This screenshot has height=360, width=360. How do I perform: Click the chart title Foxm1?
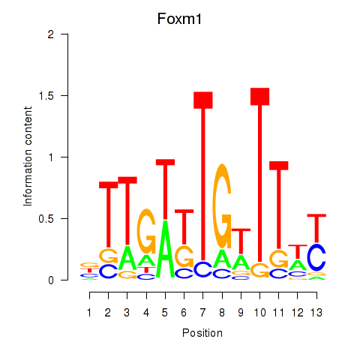pos(179,19)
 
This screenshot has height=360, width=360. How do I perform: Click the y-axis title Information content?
pos(28,157)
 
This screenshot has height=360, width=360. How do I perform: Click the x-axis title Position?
pos(202,333)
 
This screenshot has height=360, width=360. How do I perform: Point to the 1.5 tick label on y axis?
pos(46,96)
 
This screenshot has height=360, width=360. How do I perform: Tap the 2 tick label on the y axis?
pos(51,34)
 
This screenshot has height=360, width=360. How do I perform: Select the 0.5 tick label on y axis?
pos(46,219)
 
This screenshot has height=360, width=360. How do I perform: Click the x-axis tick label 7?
pos(202,313)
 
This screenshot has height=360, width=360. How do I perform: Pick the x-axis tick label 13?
pos(316,313)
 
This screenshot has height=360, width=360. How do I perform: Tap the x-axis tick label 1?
pos(89,313)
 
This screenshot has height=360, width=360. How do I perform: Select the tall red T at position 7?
pos(203,176)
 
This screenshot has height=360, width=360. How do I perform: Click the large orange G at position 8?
pos(222,206)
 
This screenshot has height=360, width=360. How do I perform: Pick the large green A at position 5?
pos(165,250)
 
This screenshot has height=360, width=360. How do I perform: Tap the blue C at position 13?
pos(316,257)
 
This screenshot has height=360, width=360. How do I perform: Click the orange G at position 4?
pos(146,231)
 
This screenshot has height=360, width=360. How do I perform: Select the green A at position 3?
pos(127,258)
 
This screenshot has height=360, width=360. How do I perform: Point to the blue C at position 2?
pos(108,271)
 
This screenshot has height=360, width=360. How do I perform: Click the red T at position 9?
pos(241,241)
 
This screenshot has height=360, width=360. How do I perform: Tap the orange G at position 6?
pos(184,256)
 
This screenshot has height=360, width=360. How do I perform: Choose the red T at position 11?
pos(279,205)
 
